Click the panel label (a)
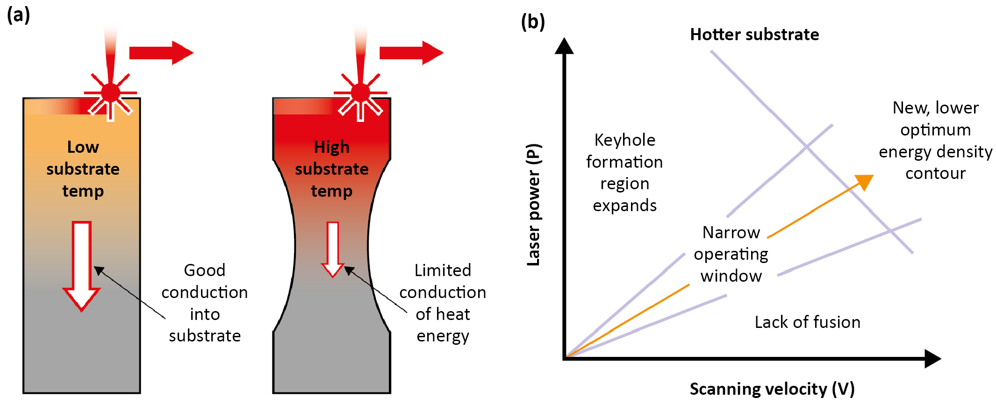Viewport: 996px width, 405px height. point(19,15)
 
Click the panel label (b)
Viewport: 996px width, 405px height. point(533,21)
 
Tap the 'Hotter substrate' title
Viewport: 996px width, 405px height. point(754,35)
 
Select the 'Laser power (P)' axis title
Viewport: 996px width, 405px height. point(534,205)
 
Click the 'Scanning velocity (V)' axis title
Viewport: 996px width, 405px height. point(772,389)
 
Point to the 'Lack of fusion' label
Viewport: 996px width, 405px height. point(807,322)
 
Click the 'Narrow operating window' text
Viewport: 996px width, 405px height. point(731,254)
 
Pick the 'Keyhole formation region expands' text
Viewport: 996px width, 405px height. point(624,172)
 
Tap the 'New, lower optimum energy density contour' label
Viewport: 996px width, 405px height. point(935,140)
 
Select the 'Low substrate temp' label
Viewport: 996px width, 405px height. point(83,169)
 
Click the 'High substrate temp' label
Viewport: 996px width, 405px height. point(331,169)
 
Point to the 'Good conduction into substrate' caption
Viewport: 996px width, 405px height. point(205,303)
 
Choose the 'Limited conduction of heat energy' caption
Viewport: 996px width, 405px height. point(443,303)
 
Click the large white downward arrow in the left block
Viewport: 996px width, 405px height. point(81,265)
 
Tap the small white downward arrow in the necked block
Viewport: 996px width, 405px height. point(332,249)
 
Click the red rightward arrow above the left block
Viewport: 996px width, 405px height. point(161,53)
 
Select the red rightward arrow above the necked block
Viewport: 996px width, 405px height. point(411,53)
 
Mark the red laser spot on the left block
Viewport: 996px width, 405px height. point(111,93)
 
